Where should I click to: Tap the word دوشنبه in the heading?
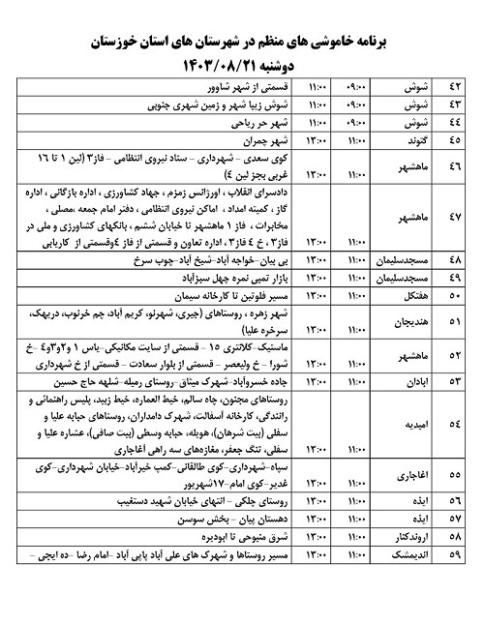click(290, 65)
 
